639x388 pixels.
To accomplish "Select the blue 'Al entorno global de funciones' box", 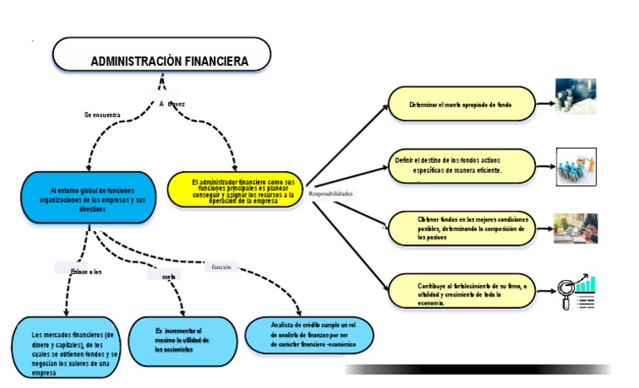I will click(x=90, y=198).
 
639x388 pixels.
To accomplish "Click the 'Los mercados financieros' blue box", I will click(x=64, y=347).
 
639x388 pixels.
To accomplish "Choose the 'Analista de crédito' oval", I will click(x=310, y=335).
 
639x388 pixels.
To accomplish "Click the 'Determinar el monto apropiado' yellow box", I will click(x=462, y=105).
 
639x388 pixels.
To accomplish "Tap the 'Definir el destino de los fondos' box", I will click(x=462, y=165).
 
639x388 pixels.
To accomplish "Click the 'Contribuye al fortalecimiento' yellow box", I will click(x=462, y=293).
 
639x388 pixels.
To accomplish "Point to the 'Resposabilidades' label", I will click(x=331, y=194).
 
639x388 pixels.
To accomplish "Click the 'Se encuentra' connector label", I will click(x=102, y=115).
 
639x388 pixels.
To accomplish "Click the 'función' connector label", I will click(x=221, y=267).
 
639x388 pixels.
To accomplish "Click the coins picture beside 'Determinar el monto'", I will click(x=576, y=96).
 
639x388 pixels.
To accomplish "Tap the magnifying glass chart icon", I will click(x=577, y=292).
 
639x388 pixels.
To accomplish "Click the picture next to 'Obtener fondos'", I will click(x=577, y=228).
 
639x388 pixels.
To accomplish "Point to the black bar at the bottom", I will click(x=478, y=369).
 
